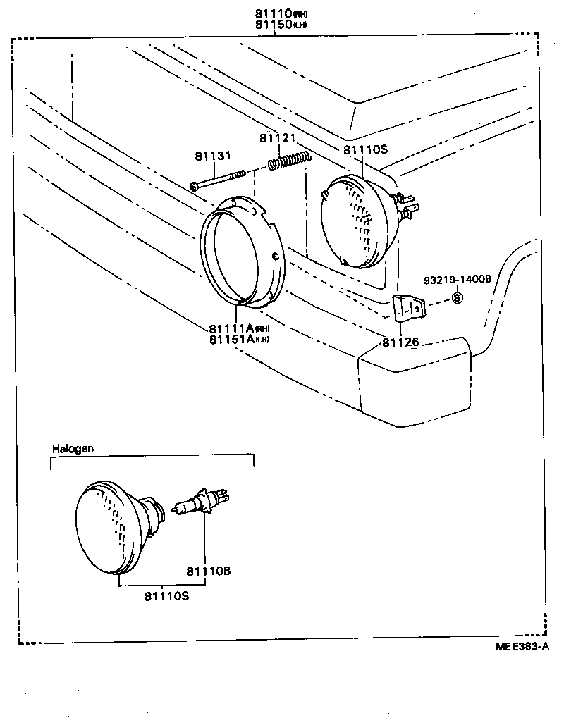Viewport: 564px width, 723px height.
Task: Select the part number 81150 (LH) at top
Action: (280, 25)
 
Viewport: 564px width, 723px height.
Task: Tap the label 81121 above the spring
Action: (277, 138)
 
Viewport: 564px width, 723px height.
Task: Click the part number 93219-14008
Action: (457, 280)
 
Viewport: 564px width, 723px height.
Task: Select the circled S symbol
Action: (456, 297)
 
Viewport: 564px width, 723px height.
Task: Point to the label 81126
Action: (400, 342)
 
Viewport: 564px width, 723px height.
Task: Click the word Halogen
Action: (73, 448)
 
